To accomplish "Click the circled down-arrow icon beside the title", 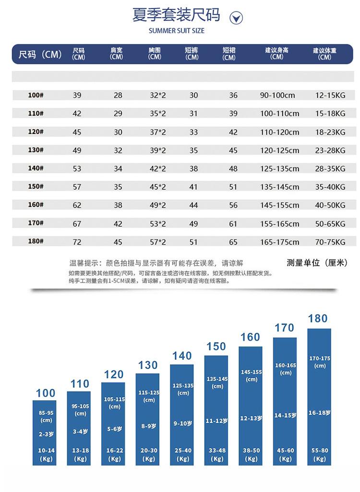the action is click(236, 18).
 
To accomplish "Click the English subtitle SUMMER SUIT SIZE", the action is click(176, 31).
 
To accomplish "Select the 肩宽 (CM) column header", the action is click(116, 53).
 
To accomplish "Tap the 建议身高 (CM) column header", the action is click(276, 53).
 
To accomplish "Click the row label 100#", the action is click(36, 95).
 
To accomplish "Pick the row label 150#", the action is click(36, 186).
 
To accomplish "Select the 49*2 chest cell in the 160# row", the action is click(158, 205).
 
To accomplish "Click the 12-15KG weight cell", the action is click(330, 96).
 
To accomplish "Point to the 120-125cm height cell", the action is click(279, 150).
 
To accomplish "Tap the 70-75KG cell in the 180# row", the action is click(330, 242).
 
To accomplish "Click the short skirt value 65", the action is click(233, 242).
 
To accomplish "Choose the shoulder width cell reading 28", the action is click(118, 96).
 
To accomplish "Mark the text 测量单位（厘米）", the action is click(317, 263).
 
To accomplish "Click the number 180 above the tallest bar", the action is click(318, 319).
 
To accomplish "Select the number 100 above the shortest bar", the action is click(46, 393).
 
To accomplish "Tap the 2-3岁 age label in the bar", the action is click(46, 434).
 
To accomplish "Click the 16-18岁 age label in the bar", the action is click(319, 413).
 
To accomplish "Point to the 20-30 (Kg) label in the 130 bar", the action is click(149, 455).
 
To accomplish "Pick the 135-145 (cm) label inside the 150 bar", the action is click(217, 382).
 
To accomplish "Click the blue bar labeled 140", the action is click(182, 415).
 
